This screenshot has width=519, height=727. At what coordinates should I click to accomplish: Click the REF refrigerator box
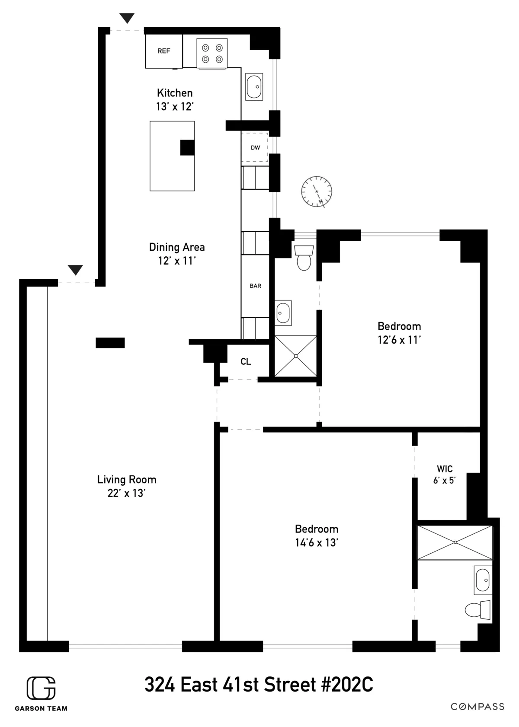coord(163,51)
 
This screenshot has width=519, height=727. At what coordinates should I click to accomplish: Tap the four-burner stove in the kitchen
coord(212,53)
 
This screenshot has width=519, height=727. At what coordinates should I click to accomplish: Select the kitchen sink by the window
coord(254,87)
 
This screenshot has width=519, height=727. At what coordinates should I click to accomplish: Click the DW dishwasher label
coord(255,148)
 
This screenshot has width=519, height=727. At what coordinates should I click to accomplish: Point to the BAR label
coord(255,286)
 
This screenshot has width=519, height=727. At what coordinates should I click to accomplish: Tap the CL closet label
coord(246,362)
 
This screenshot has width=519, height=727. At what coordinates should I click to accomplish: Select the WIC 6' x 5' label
coord(445,474)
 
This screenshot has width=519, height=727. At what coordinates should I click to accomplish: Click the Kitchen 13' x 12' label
coord(175,99)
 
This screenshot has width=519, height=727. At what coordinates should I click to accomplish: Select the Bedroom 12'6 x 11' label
coord(399,333)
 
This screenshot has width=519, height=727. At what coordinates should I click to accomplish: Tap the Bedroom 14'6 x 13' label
coord(317,536)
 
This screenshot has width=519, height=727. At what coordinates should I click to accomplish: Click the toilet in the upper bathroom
coord(304,258)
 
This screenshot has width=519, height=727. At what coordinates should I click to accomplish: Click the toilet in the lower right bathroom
coord(477,610)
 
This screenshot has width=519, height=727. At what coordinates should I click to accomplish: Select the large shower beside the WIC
coord(455,542)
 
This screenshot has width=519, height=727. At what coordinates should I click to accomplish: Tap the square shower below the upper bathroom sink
coord(295,356)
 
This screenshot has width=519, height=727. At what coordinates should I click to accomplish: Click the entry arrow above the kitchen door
coord(127,18)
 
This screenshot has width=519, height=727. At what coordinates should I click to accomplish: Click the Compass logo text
coord(477,706)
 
